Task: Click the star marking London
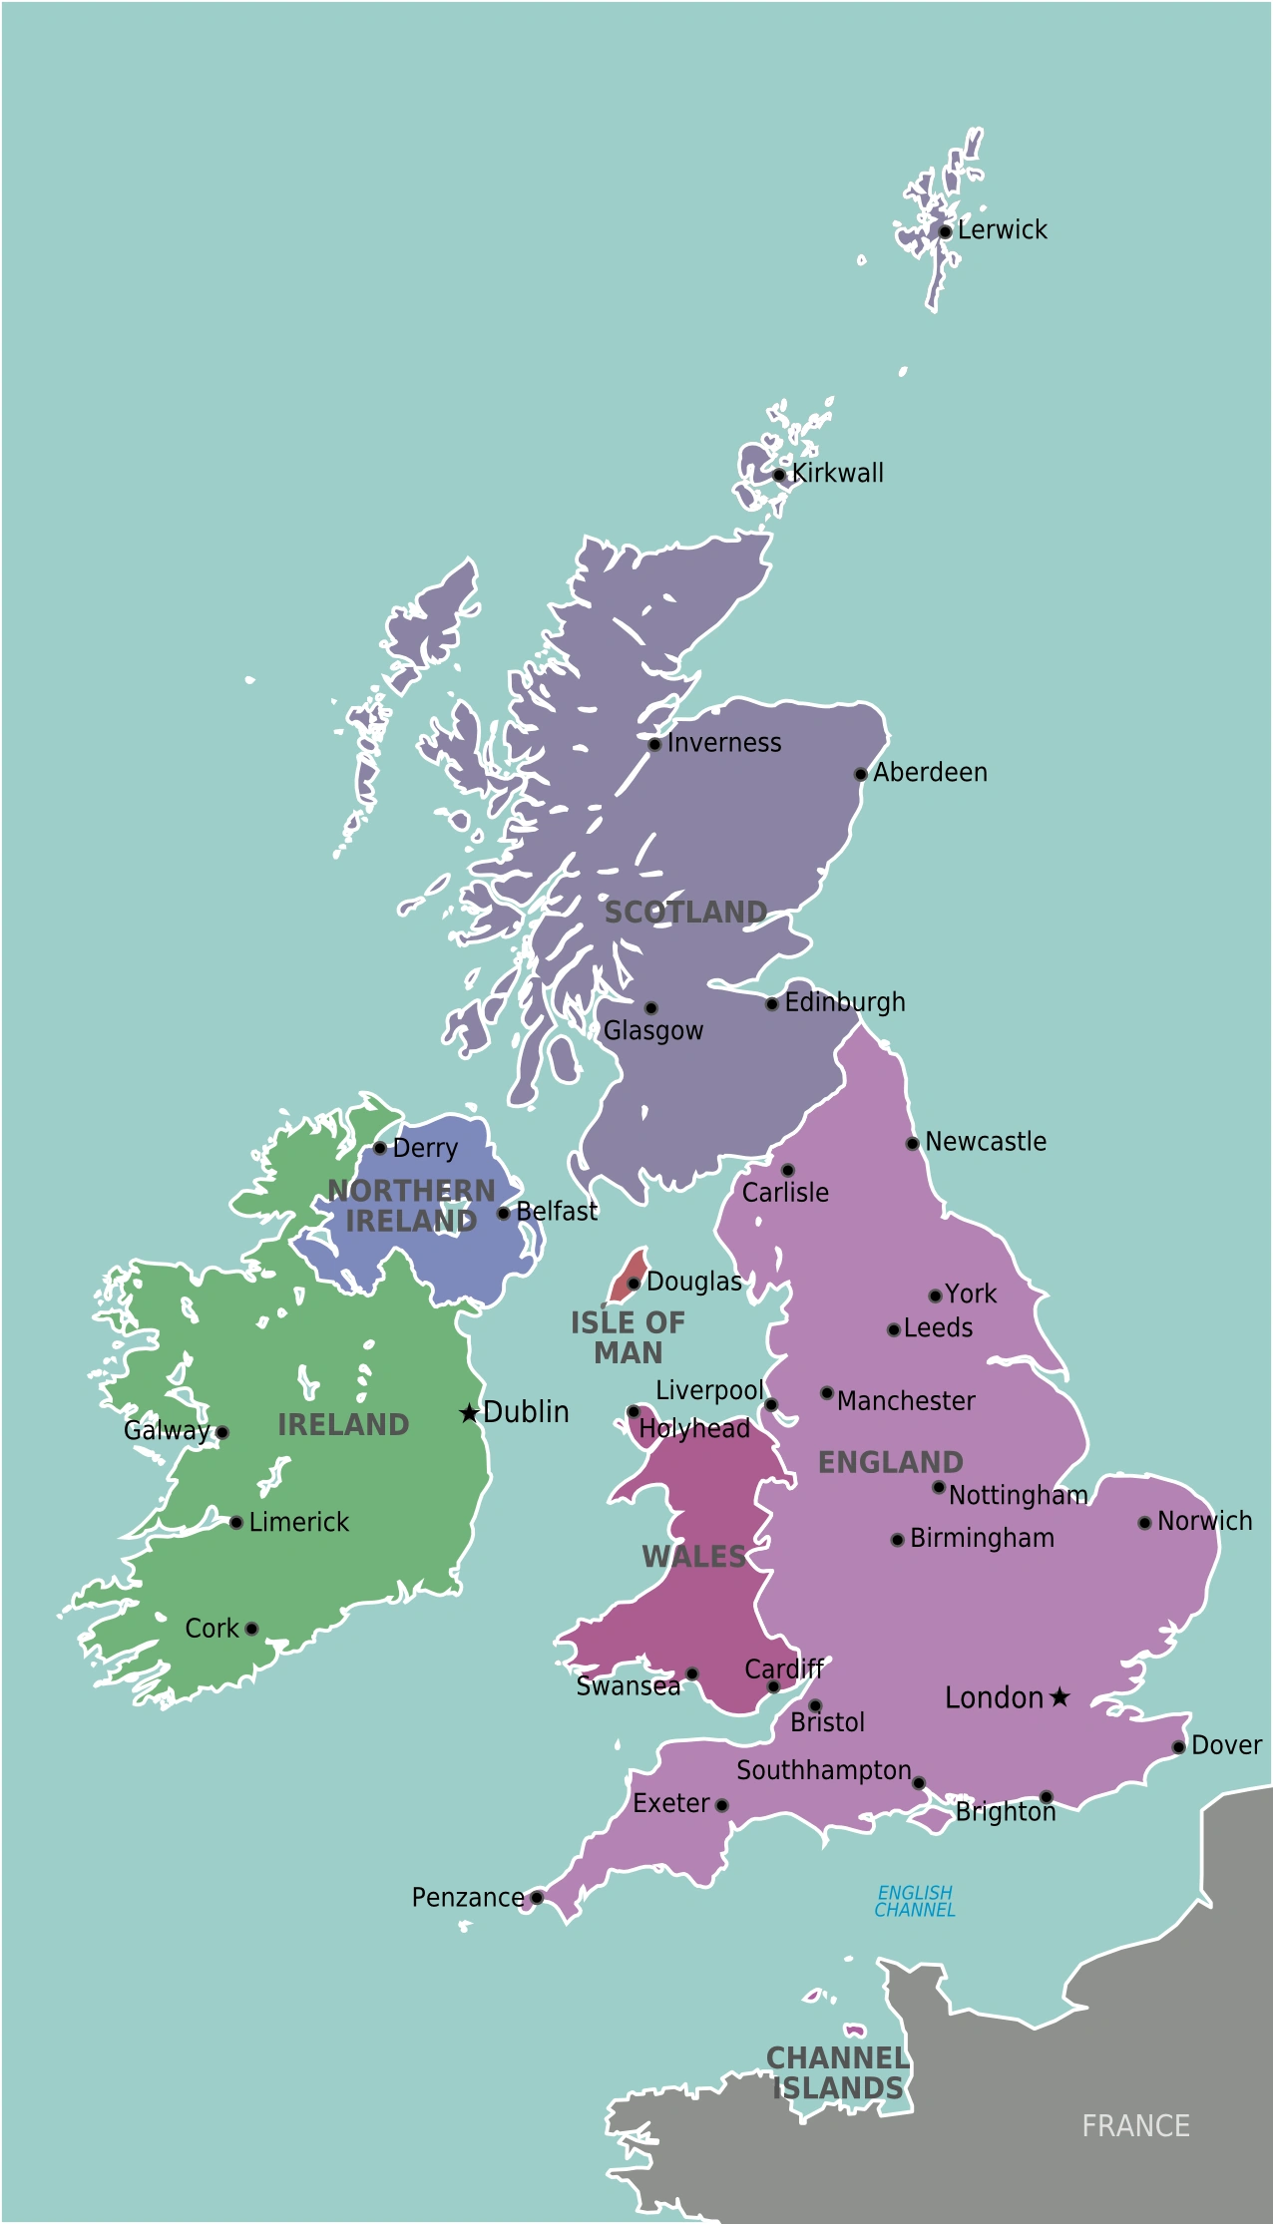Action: [1060, 1697]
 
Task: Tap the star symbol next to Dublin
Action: [469, 1413]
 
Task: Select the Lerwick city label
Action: [1002, 230]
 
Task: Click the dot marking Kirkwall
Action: [779, 475]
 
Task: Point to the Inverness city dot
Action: [654, 745]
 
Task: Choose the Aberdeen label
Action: [930, 773]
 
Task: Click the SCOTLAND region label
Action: [685, 913]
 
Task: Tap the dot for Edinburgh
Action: [772, 1004]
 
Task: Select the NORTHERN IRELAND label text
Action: [411, 1206]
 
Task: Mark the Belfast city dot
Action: [504, 1214]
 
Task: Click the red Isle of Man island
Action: [628, 1275]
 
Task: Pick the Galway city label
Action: [167, 1431]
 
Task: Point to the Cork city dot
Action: [251, 1629]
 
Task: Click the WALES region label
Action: [693, 1557]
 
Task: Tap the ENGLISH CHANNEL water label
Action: [915, 1901]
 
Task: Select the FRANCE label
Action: [1135, 2126]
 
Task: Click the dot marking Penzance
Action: [537, 1898]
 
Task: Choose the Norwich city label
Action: [1204, 1522]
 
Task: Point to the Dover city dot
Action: [1178, 1747]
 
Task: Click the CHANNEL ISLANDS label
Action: [838, 2072]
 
